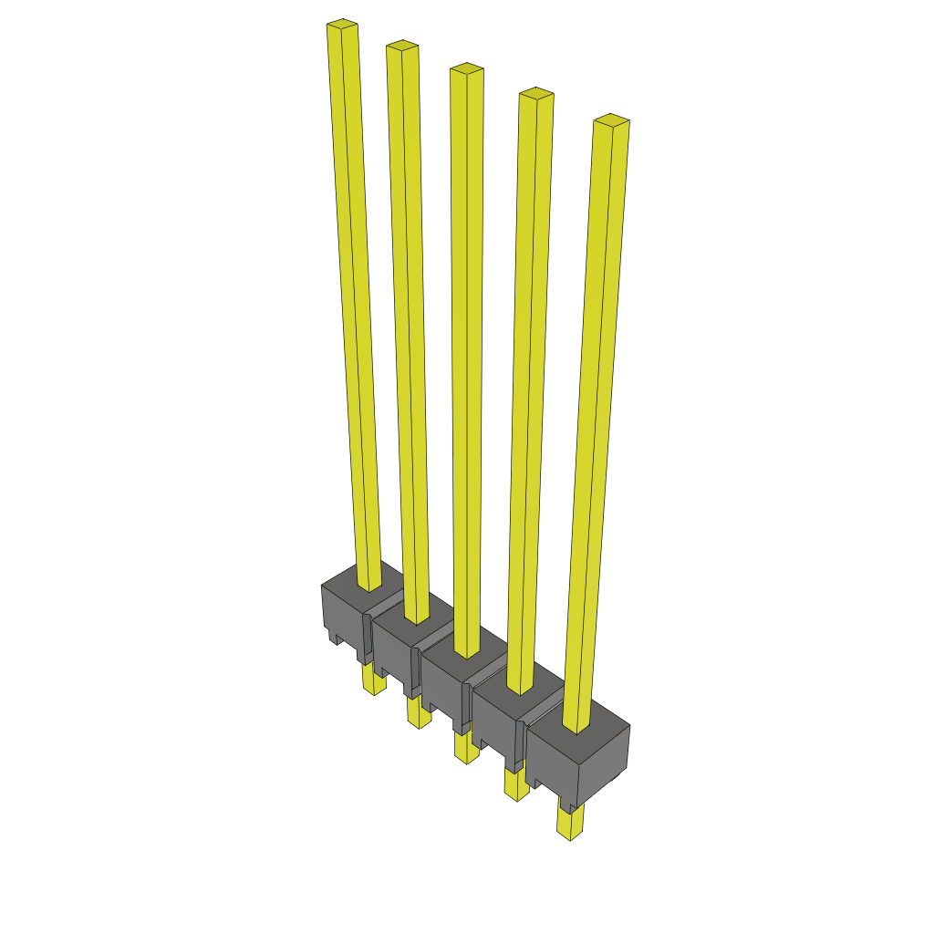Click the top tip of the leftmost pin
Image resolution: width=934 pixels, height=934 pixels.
click(341, 26)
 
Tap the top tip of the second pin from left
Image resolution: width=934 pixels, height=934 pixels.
click(401, 47)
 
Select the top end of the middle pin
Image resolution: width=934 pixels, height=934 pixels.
click(466, 69)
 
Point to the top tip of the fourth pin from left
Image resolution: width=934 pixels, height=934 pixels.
click(536, 94)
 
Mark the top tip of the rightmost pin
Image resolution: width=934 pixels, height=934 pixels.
click(611, 120)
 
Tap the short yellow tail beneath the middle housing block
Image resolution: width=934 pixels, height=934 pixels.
click(465, 747)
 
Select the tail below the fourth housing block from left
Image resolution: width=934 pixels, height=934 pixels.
click(516, 784)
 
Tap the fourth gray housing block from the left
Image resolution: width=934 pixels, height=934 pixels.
click(495, 722)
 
